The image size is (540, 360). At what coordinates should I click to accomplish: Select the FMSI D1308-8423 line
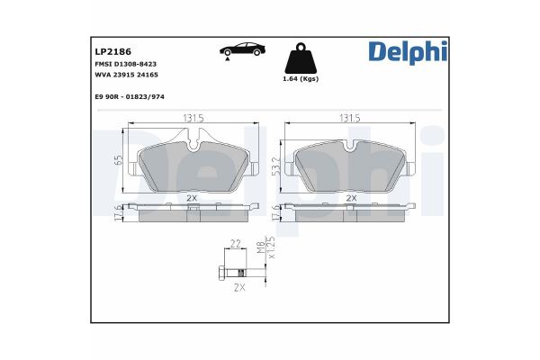click(x=127, y=66)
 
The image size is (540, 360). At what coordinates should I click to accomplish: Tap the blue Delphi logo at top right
click(x=407, y=52)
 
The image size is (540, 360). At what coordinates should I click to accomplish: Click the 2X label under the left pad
click(x=191, y=197)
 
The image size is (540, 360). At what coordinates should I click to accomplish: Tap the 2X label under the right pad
click(x=351, y=197)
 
